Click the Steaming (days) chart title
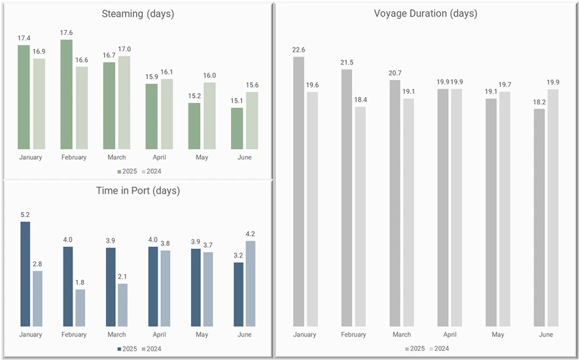pos(138,14)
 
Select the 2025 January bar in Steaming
pos(23,97)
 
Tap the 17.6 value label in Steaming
pos(67,33)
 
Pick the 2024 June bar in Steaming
pos(252,120)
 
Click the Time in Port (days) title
pos(138,190)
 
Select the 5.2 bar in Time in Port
pos(25,274)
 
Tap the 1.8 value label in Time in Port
pos(80,283)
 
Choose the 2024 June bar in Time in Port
pos(250,284)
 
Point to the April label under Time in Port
pos(159,335)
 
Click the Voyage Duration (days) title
pos(426,14)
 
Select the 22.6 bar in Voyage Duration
pos(299,191)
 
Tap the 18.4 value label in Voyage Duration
pos(360,100)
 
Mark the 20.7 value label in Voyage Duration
pos(395,73)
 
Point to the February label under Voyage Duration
pos(353,335)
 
